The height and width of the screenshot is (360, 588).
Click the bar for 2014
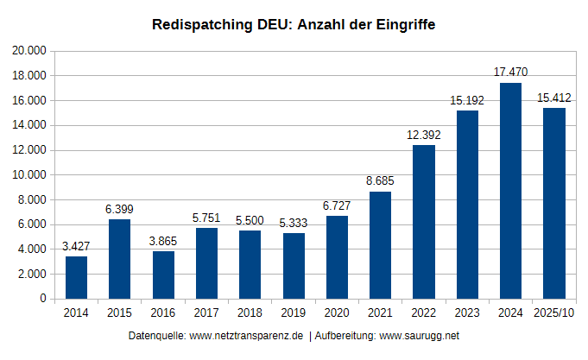tap(76, 277)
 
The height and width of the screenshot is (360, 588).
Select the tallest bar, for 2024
tap(510, 191)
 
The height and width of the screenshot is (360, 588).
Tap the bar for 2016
tap(163, 275)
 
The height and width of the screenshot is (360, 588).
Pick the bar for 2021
tap(380, 245)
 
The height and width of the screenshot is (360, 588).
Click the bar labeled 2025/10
tap(553, 203)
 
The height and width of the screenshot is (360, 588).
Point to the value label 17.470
tap(510, 73)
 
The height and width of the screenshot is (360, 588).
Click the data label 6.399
tap(119, 209)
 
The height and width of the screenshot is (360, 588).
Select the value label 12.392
tap(423, 135)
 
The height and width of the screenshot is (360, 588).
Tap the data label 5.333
tap(294, 223)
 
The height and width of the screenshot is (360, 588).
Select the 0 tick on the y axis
tap(43, 299)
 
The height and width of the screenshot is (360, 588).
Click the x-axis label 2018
tap(250, 313)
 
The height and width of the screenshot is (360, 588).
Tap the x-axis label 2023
tap(467, 313)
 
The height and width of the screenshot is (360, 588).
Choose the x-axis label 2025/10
tap(553, 313)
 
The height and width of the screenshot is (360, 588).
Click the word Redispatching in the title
tap(199, 25)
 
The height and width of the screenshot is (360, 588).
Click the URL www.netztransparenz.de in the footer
tap(245, 335)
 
